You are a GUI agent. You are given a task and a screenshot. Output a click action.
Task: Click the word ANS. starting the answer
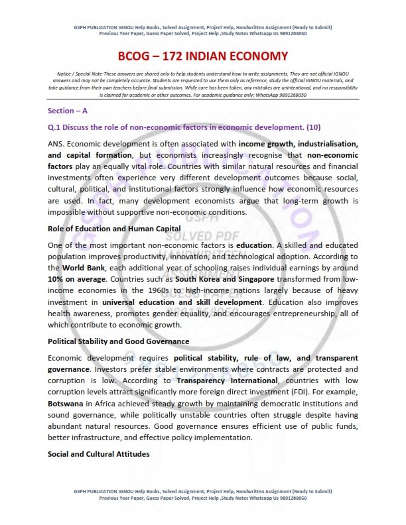[57, 144]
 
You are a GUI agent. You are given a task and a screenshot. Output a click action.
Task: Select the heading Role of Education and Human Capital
[115, 229]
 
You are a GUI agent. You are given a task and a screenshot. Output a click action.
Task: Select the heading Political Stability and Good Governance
[119, 341]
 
